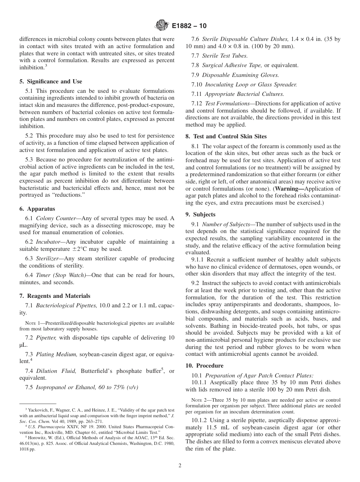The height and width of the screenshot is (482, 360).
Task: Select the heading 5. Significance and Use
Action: coord(51,81)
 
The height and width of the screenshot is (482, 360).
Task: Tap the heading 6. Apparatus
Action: coord(37,209)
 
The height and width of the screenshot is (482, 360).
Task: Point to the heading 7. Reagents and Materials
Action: coord(55,296)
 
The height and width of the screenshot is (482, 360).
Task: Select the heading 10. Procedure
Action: coord(204,366)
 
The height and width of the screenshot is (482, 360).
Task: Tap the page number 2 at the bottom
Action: coord(180,466)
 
